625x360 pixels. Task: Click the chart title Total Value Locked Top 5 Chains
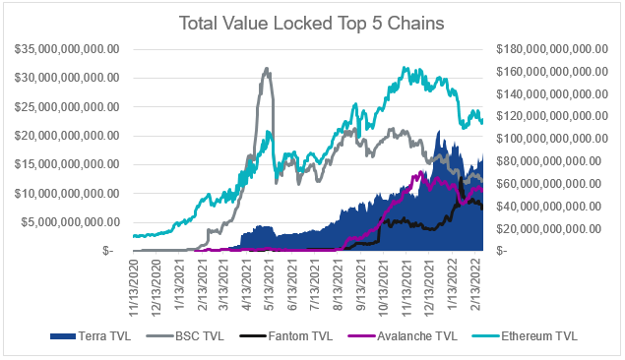tap(311, 22)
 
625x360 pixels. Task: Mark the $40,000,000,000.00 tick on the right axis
tap(556, 206)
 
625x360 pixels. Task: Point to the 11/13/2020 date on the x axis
tap(137, 280)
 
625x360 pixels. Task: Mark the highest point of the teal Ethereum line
tap(406, 69)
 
